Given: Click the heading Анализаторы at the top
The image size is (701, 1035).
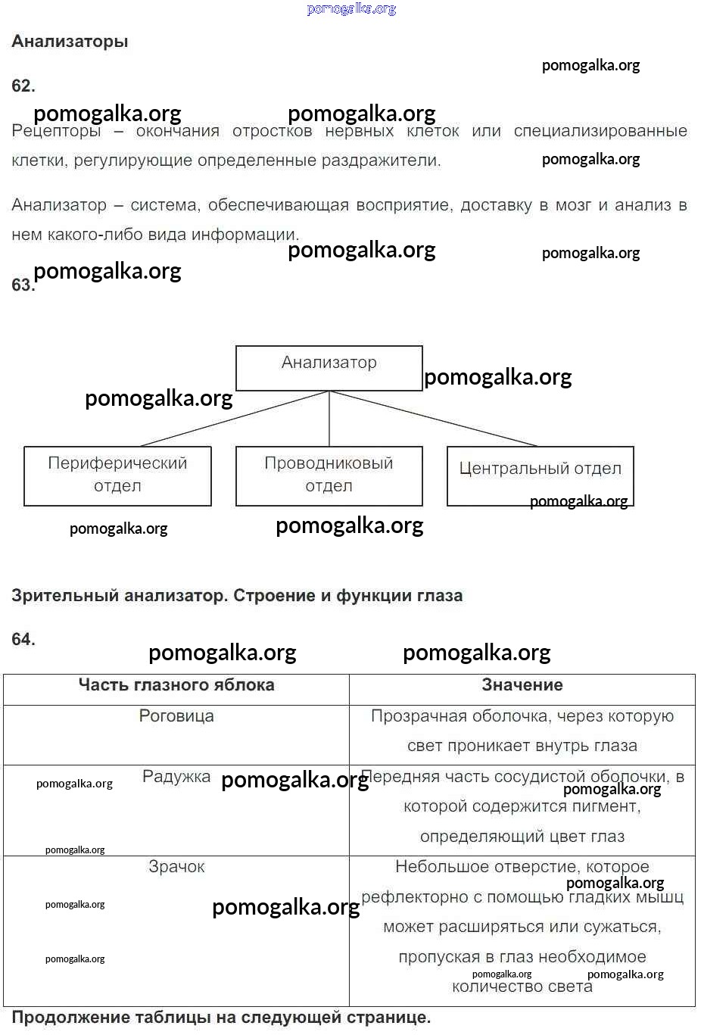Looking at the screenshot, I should [70, 42].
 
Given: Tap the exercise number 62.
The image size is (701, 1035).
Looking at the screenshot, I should [23, 86].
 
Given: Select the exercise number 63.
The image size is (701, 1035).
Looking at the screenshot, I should [22, 285].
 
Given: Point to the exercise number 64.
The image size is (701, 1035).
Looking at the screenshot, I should [23, 640].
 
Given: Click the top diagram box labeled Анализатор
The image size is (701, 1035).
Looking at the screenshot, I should [329, 368].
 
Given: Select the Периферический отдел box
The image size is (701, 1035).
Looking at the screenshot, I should [117, 475].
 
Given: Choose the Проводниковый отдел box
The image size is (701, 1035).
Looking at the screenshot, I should [329, 475].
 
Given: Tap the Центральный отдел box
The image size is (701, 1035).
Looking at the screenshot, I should [540, 475].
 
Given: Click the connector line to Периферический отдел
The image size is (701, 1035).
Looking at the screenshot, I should [235, 419].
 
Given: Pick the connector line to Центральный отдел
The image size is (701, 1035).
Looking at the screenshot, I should [433, 419].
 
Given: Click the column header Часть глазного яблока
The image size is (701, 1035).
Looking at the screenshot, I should [176, 685].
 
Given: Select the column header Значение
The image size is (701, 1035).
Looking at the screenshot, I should [522, 685].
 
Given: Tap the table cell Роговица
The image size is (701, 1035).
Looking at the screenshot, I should [176, 716].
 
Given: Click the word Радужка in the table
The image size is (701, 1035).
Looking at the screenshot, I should [176, 777].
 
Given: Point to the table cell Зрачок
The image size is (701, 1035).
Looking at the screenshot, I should [176, 867].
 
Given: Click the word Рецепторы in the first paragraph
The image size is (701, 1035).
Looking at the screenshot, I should [56, 131].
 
